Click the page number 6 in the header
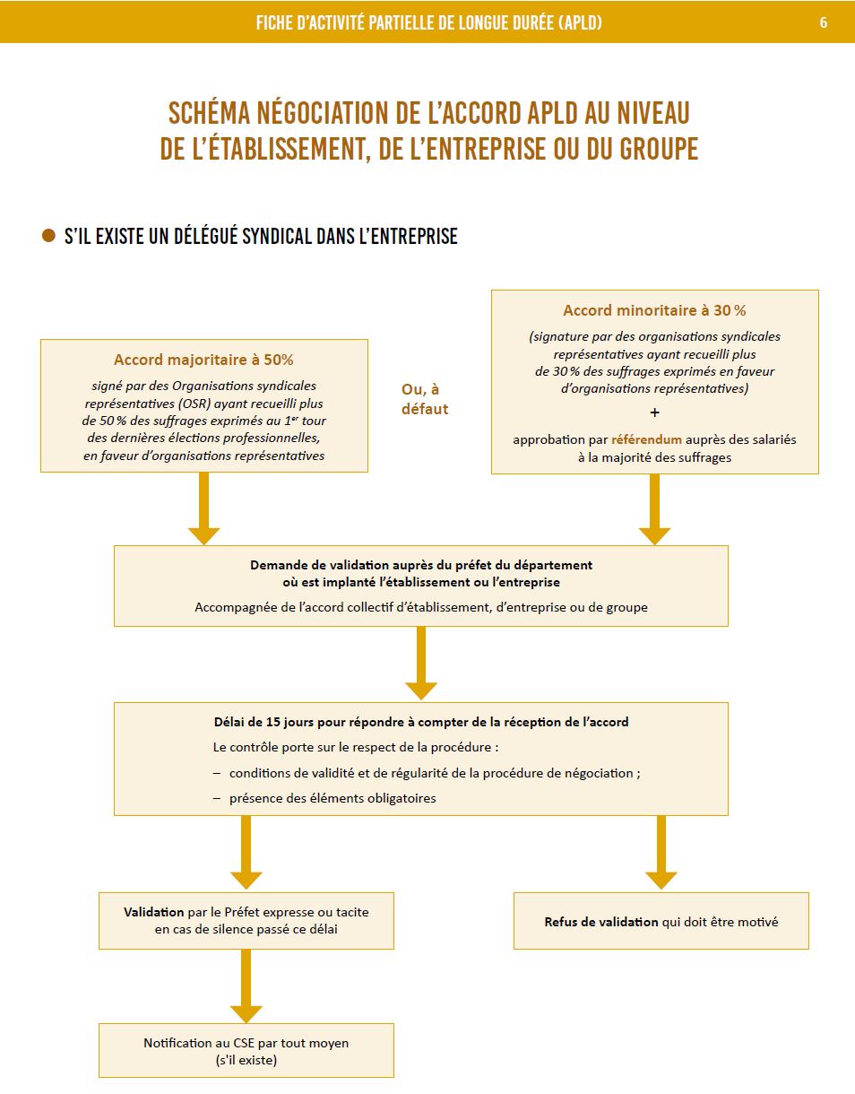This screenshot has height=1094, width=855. (824, 22)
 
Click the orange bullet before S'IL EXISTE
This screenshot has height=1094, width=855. (48, 236)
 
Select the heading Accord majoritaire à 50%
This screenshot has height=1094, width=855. (203, 360)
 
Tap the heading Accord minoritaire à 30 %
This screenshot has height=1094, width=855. (654, 310)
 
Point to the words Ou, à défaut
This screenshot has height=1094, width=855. (425, 399)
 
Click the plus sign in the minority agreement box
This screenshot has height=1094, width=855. (654, 412)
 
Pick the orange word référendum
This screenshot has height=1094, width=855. (646, 439)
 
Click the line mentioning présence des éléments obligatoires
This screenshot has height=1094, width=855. (332, 797)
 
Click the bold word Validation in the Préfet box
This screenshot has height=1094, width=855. (154, 911)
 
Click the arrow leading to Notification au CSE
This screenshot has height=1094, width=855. (246, 986)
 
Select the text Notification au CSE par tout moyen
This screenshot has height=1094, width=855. (246, 1043)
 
